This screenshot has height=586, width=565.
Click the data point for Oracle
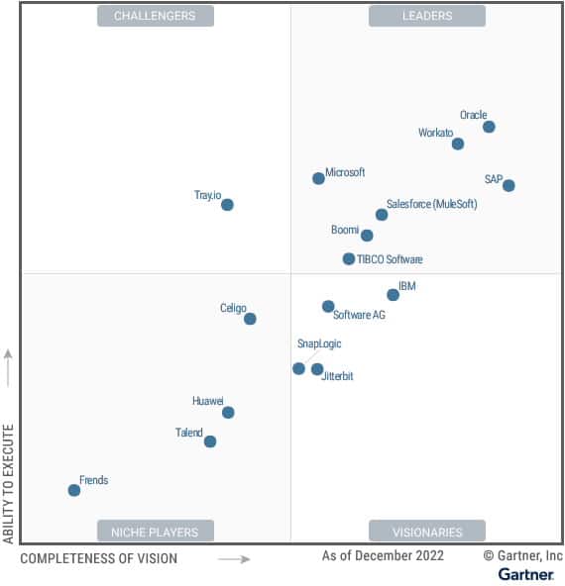tap(489, 127)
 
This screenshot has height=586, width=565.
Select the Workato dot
tap(458, 144)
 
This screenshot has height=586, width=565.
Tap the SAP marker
tap(508, 185)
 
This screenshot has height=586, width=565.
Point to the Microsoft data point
tap(318, 178)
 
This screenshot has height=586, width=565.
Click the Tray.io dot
tap(227, 205)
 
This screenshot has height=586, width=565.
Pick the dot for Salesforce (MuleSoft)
tap(382, 215)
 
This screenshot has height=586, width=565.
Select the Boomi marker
tap(367, 236)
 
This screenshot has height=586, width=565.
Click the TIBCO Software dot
tap(349, 259)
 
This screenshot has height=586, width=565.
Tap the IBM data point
tap(393, 294)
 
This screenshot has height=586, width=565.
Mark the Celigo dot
tap(250, 319)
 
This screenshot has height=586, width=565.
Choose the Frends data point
tap(74, 490)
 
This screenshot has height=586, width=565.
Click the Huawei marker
tap(228, 412)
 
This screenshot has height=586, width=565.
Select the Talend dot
tap(210, 441)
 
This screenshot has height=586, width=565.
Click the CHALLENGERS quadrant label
tap(155, 16)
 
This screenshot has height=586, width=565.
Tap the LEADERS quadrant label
tap(427, 16)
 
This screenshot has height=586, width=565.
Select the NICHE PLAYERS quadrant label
tap(155, 532)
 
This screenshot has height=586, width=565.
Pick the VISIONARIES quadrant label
tap(427, 532)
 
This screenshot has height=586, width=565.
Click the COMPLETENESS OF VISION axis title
tap(99, 558)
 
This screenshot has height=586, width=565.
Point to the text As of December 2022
tap(383, 556)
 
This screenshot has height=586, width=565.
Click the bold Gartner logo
tap(525, 574)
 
